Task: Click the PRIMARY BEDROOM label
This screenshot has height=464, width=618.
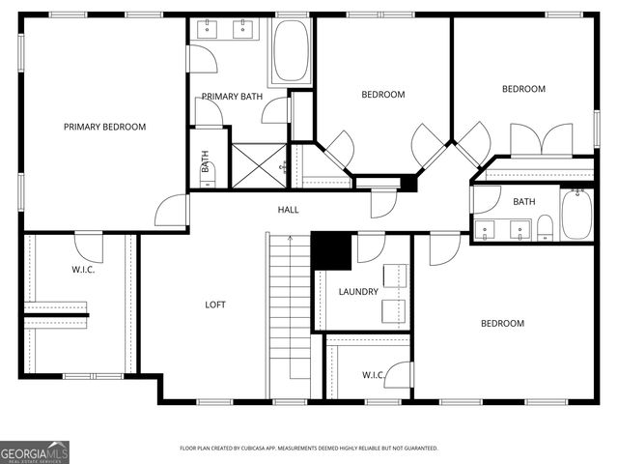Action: click(x=104, y=127)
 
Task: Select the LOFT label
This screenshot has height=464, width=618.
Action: click(x=214, y=304)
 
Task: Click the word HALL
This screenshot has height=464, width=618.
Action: click(x=289, y=209)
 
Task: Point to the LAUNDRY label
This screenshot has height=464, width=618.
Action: click(x=358, y=291)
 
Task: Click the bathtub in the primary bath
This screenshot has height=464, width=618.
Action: click(x=290, y=51)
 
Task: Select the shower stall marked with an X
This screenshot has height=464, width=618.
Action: click(x=257, y=165)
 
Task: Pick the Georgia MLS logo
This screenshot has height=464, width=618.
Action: click(x=35, y=451)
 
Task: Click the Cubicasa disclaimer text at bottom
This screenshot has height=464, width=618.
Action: click(x=309, y=449)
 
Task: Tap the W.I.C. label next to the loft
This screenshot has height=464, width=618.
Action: click(x=83, y=269)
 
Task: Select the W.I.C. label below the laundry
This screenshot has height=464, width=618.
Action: click(x=374, y=374)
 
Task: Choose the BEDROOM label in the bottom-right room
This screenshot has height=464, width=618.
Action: click(x=502, y=323)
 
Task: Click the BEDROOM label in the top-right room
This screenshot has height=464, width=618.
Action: click(x=523, y=89)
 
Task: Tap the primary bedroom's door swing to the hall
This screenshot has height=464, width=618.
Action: click(x=173, y=210)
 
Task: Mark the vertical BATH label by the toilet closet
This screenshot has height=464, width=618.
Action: click(x=205, y=160)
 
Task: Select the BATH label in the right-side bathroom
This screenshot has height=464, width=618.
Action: click(x=523, y=202)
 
